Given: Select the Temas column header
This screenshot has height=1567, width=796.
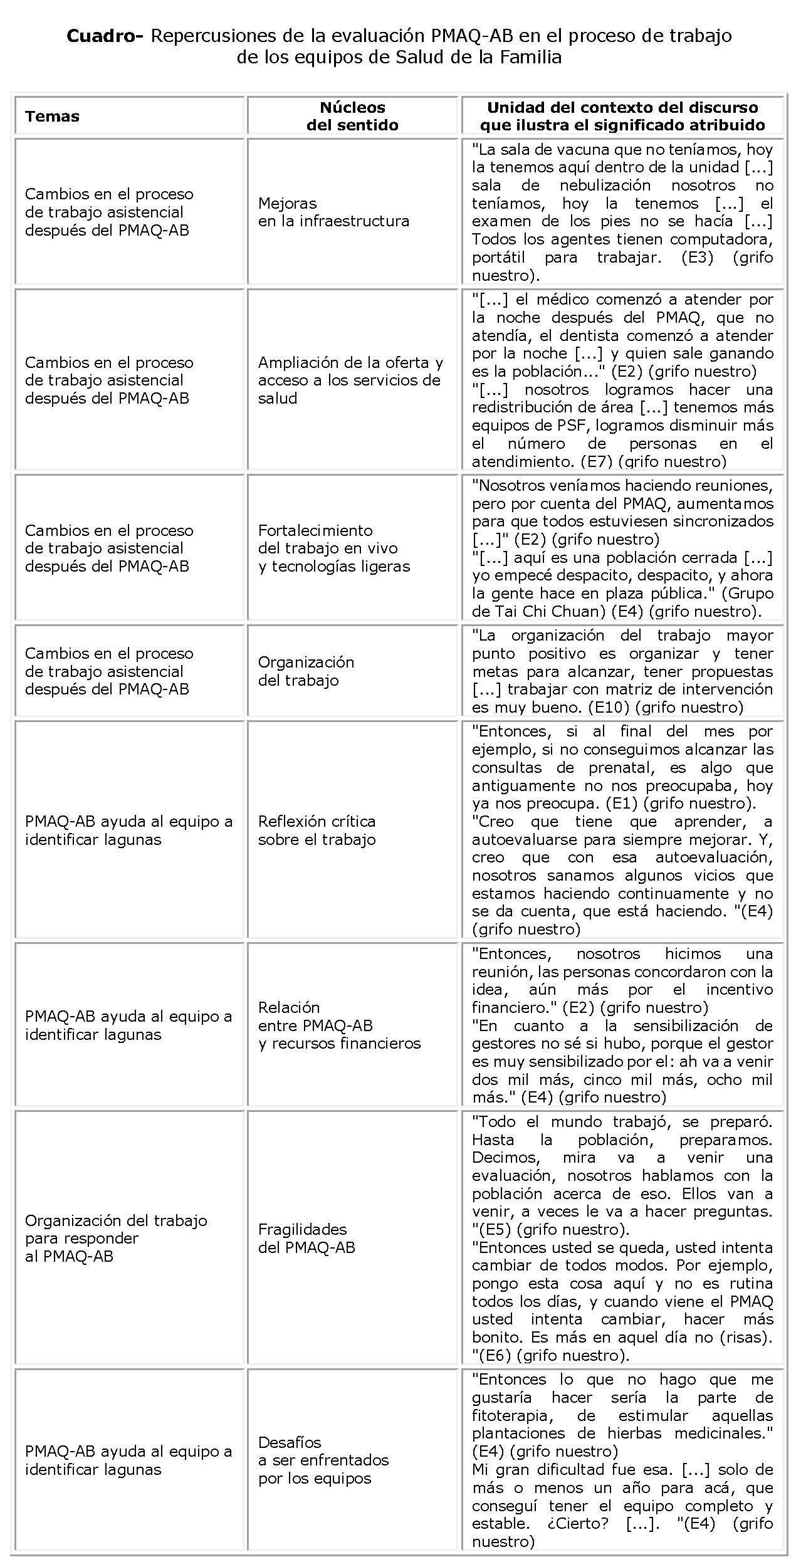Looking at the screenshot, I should click(x=52, y=116).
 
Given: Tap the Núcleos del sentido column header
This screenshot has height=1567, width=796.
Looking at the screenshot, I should click(x=352, y=116).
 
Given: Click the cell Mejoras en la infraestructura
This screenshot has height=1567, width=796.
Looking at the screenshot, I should click(x=333, y=212).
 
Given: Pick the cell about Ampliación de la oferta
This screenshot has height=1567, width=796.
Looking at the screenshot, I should click(x=350, y=380).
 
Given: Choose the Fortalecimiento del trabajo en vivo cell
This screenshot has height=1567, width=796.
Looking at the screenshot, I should click(x=333, y=548).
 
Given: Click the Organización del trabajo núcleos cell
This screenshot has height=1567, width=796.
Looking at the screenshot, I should click(x=306, y=671).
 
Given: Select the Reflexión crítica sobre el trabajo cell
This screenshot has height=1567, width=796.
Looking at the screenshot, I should click(x=317, y=830).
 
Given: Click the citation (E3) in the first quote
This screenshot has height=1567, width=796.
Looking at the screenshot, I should click(x=697, y=257).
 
